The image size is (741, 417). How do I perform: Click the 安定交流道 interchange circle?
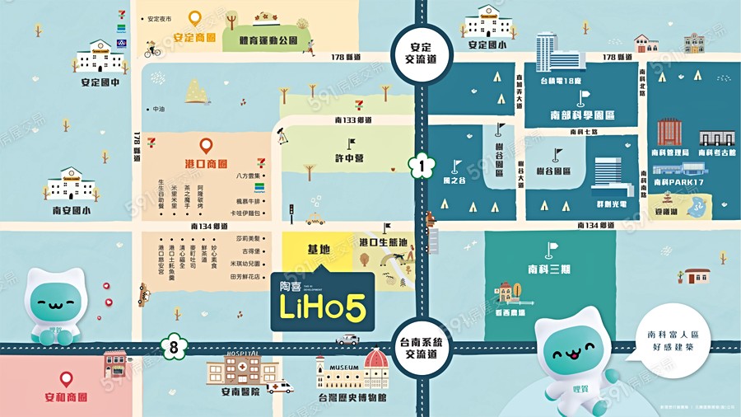[422, 54]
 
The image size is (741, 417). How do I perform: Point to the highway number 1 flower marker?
[422, 166]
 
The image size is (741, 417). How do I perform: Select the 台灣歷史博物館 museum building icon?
[352, 371]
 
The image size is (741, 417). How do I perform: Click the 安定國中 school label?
[100, 83]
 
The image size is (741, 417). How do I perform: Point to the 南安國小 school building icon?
[72, 183]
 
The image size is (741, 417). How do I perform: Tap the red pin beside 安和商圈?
[66, 380]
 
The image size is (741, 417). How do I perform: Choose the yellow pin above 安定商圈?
[194, 17]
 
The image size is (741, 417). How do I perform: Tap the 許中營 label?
[348, 158]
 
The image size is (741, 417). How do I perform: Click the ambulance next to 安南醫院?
[281, 386]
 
